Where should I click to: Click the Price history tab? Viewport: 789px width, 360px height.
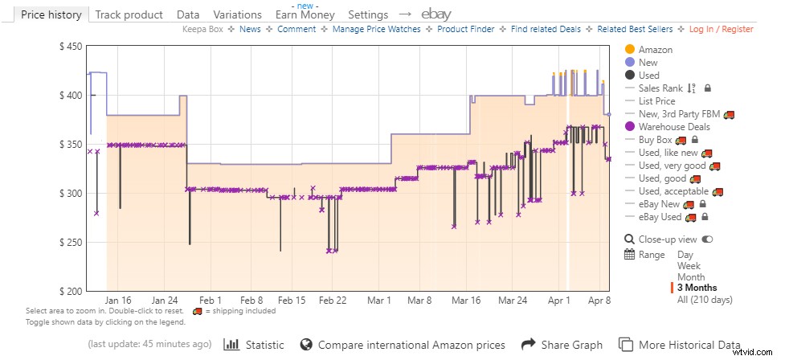click(51, 14)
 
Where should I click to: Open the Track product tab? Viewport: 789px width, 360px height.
click(129, 14)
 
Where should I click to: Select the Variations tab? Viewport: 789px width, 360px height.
click(238, 14)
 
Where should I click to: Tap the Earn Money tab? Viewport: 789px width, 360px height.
click(305, 14)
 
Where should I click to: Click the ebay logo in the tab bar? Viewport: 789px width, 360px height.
click(436, 14)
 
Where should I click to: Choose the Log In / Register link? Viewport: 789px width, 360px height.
click(721, 29)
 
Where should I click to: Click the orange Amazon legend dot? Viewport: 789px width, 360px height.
click(630, 50)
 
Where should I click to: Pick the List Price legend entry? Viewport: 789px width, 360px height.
click(656, 100)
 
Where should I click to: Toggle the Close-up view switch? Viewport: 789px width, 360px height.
click(708, 239)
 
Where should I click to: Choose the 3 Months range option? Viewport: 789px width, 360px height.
click(697, 288)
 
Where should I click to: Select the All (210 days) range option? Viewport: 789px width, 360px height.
click(705, 300)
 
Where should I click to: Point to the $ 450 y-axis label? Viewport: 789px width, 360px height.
click(72, 47)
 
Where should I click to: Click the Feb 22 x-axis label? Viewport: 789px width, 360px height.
click(332, 301)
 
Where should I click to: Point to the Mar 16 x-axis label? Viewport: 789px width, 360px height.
click(466, 301)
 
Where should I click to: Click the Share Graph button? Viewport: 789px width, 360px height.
click(562, 345)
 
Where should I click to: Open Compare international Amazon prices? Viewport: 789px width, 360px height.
click(403, 345)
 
